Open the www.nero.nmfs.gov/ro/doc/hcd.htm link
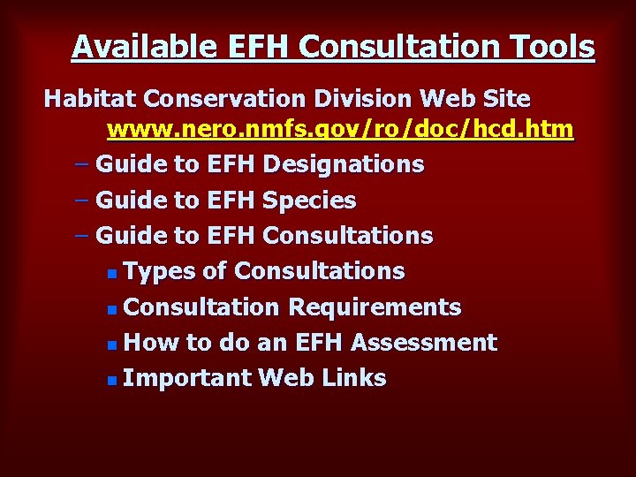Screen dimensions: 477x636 340,131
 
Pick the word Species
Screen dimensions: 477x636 309,201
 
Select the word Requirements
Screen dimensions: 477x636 375,307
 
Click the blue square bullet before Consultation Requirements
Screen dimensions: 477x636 110,309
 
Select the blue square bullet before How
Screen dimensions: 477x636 110,344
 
